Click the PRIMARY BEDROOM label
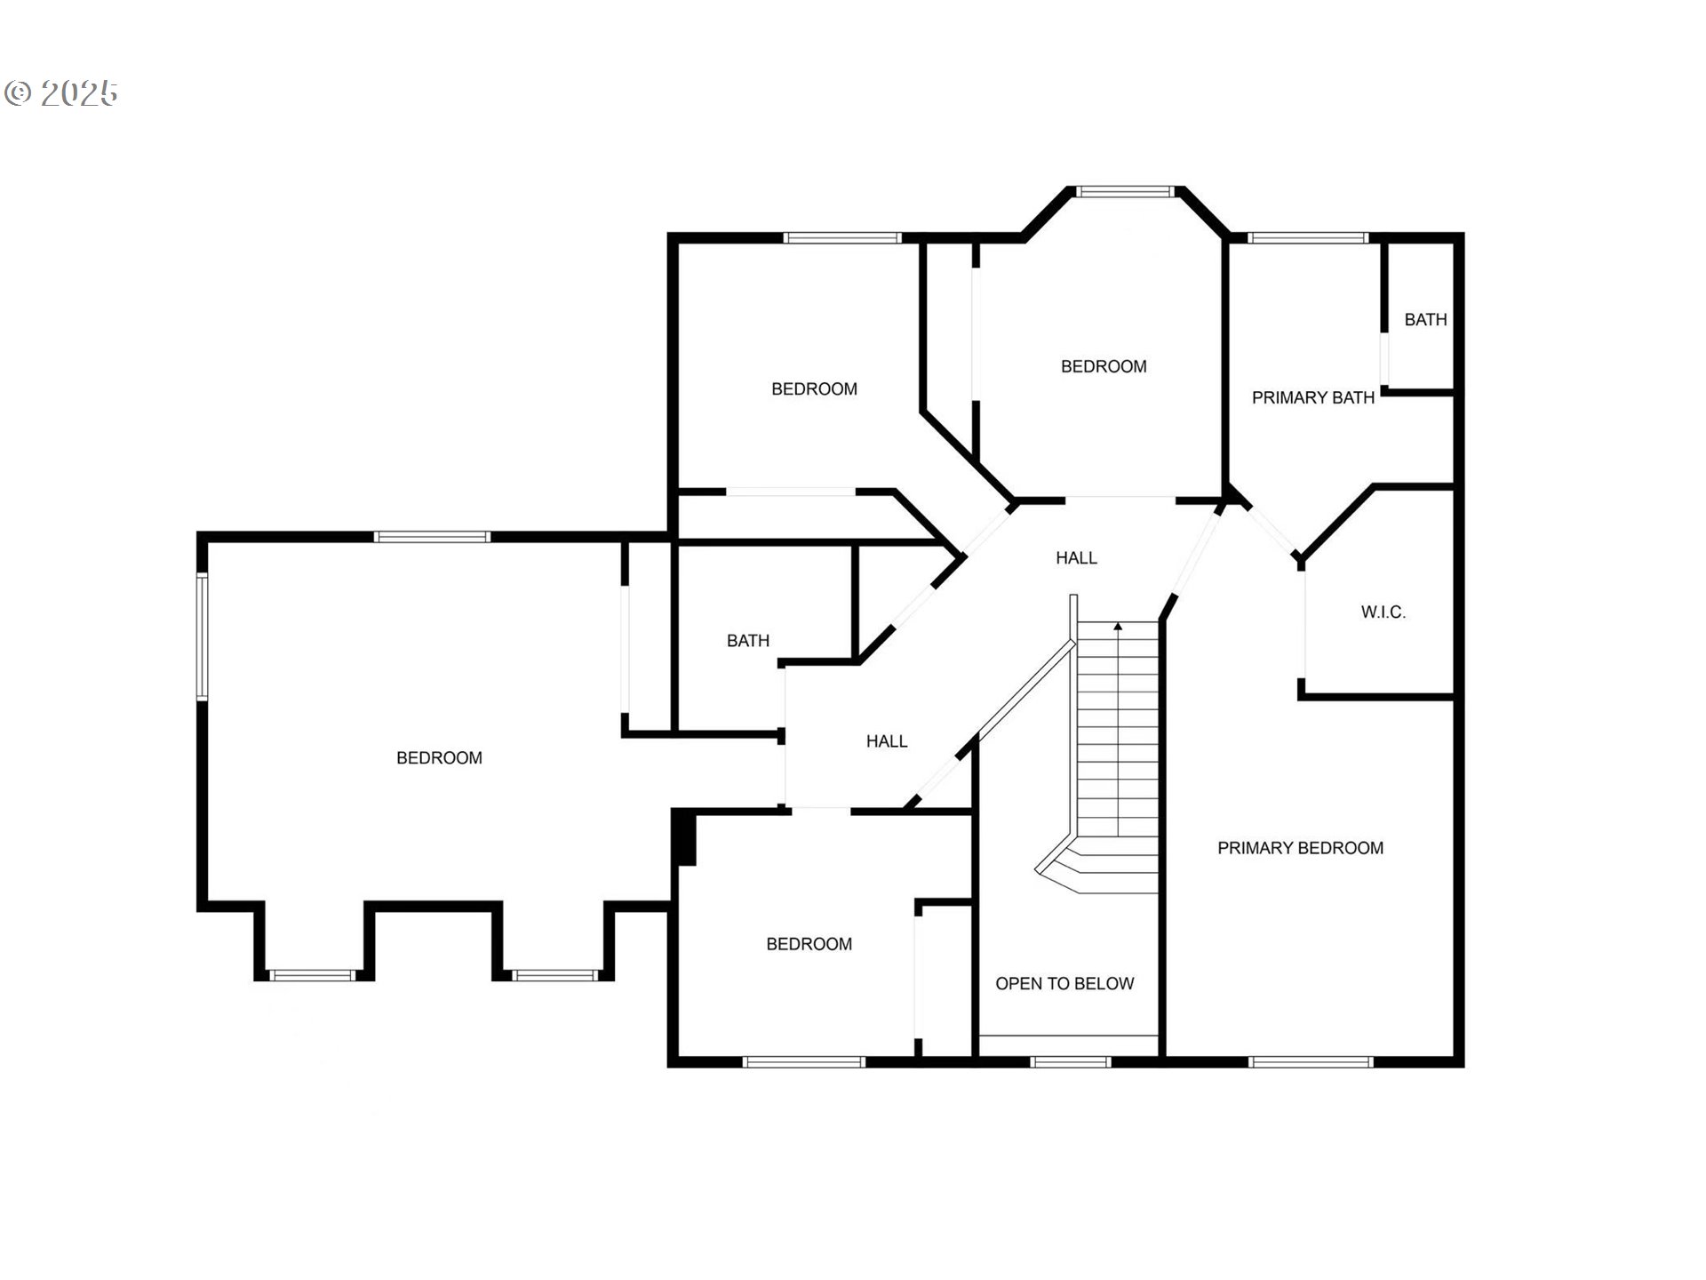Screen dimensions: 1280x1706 pyautogui.click(x=1300, y=848)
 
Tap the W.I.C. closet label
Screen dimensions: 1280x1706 pyautogui.click(x=1383, y=612)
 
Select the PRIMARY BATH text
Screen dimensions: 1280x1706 pyautogui.click(x=1312, y=397)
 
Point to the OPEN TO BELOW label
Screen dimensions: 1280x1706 pyautogui.click(x=1064, y=983)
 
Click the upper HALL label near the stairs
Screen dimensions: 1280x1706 pyautogui.click(x=1076, y=557)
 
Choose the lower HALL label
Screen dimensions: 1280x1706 pyautogui.click(x=887, y=740)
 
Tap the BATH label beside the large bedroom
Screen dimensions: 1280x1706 pyautogui.click(x=747, y=640)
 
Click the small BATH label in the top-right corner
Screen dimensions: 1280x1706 pyautogui.click(x=1425, y=319)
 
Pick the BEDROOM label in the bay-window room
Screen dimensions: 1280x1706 pyautogui.click(x=1104, y=366)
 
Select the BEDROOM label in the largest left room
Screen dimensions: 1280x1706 pyautogui.click(x=439, y=757)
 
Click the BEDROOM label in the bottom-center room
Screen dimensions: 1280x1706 pyautogui.click(x=809, y=944)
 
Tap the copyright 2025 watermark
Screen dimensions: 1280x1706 pyautogui.click(x=61, y=92)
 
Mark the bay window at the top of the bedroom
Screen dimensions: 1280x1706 pyautogui.click(x=1125, y=191)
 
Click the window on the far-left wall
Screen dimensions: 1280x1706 pyautogui.click(x=203, y=636)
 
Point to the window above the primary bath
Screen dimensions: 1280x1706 pyautogui.click(x=1307, y=237)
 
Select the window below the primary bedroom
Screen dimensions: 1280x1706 pyautogui.click(x=1311, y=1061)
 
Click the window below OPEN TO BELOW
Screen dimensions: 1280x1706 pyautogui.click(x=1071, y=1061)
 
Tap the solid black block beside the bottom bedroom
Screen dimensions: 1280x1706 pyautogui.click(x=684, y=836)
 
